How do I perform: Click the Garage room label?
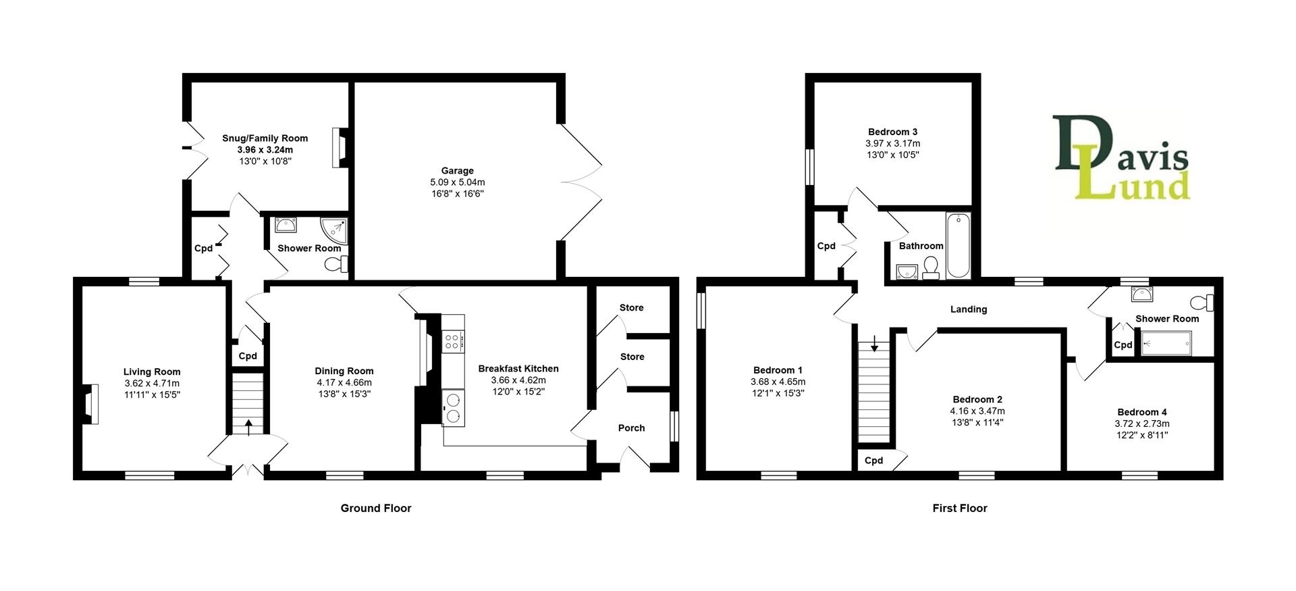pyautogui.click(x=457, y=171)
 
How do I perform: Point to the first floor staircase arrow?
pyautogui.click(x=874, y=345)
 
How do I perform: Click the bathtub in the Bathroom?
pyautogui.click(x=958, y=246)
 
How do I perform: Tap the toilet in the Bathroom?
pyautogui.click(x=932, y=267)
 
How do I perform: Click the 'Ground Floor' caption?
pyautogui.click(x=375, y=509)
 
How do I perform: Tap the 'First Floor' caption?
pyautogui.click(x=959, y=509)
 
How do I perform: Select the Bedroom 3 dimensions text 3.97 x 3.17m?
pyautogui.click(x=892, y=143)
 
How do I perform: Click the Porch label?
pyautogui.click(x=631, y=428)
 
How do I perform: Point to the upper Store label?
pyautogui.click(x=631, y=307)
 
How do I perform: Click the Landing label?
pyautogui.click(x=968, y=309)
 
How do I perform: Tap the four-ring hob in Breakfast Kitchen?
pyautogui.click(x=453, y=341)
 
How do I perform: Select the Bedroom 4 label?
pyautogui.click(x=1141, y=412)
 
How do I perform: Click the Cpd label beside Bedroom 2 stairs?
pyautogui.click(x=873, y=461)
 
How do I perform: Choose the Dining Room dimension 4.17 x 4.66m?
pyautogui.click(x=344, y=382)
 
